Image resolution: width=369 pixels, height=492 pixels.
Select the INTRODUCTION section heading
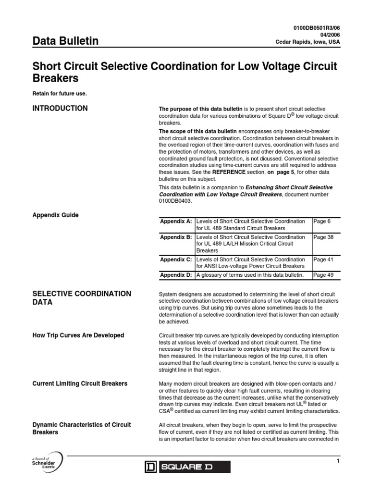click(x=60, y=109)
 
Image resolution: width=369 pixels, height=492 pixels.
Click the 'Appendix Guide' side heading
click(x=55, y=215)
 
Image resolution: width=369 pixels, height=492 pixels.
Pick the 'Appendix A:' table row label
click(x=176, y=221)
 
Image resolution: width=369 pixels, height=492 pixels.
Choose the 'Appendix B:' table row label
click(x=176, y=237)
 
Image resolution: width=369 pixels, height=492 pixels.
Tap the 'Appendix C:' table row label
click(x=176, y=259)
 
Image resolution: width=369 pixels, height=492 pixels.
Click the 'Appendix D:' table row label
click(x=176, y=275)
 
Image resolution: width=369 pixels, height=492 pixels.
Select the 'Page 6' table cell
click(x=322, y=221)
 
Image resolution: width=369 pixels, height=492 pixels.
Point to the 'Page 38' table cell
click(x=323, y=237)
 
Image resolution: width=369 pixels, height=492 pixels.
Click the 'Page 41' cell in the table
click(x=323, y=259)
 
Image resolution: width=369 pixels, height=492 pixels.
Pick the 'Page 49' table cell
click(x=323, y=275)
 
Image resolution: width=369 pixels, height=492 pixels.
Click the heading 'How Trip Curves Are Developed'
click(x=78, y=335)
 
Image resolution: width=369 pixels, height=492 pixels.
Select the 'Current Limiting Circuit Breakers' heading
click(x=80, y=383)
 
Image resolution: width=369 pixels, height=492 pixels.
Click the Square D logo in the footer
click(x=187, y=467)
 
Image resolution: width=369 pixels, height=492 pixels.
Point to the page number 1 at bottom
click(x=338, y=462)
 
